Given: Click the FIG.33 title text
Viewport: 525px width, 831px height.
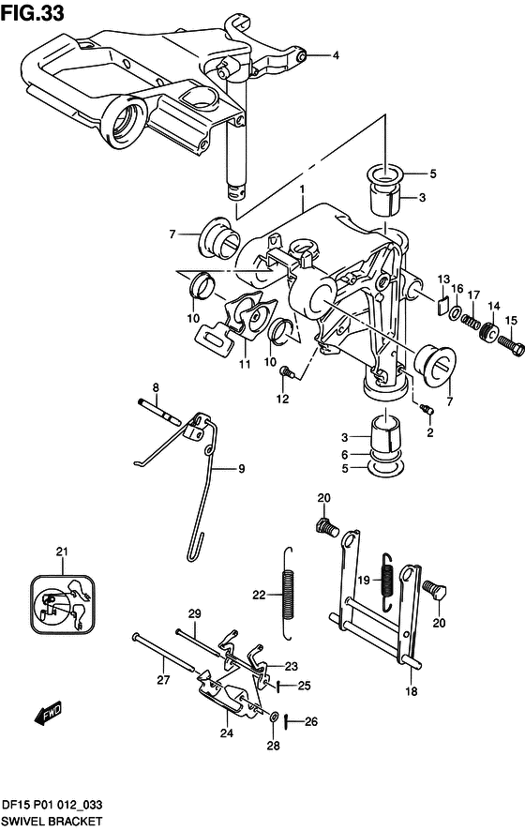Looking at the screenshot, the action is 33,13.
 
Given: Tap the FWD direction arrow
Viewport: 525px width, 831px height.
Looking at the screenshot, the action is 48,713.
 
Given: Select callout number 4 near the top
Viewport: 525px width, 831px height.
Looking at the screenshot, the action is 336,55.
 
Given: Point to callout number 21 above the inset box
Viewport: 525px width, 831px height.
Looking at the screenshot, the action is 62,551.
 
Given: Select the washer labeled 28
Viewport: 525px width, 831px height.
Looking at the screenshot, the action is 274,718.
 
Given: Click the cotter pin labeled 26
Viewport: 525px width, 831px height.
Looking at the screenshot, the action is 286,720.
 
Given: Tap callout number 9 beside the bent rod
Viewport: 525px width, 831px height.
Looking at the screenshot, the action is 242,469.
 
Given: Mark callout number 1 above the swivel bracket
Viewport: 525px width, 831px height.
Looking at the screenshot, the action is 302,189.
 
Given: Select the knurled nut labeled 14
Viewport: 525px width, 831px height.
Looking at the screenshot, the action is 487,333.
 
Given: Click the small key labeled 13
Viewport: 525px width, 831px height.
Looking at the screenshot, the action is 442,306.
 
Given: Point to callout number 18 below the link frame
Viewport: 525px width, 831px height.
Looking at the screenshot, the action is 412,691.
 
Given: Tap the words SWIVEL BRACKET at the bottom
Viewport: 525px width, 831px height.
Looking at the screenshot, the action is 52,821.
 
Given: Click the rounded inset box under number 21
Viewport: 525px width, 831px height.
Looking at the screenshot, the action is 63,604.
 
